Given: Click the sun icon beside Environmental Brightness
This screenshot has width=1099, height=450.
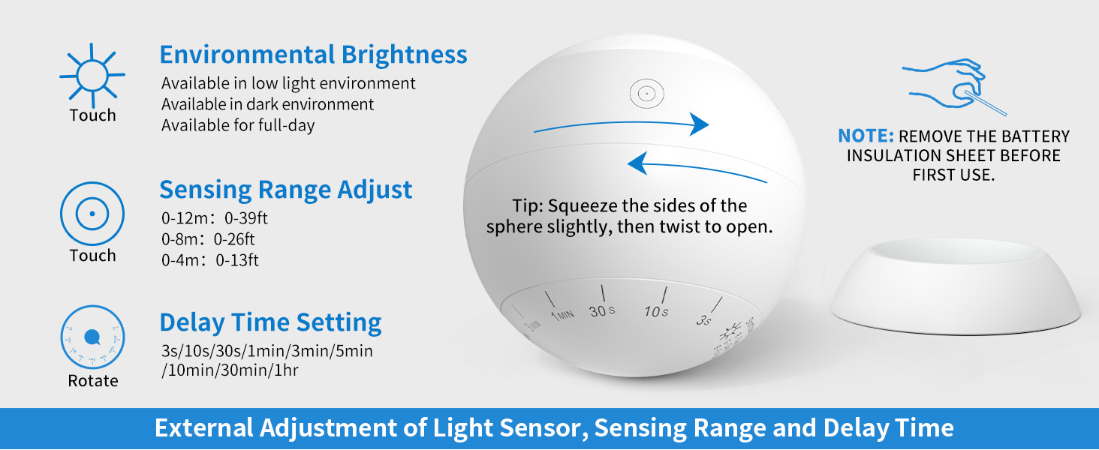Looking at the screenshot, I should pos(92,75).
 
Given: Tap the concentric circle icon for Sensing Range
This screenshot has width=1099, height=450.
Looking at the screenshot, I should pos(92,214).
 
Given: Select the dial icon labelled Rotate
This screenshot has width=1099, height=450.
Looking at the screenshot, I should pos(92,337).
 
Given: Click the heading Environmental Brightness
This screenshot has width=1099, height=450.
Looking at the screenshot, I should pos(313,55).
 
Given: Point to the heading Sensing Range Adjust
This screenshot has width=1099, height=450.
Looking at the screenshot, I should pos(285,189).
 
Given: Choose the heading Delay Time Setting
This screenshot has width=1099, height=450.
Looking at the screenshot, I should pos(270,322).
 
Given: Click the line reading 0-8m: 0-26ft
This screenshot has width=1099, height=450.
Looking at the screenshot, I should pos(208,240).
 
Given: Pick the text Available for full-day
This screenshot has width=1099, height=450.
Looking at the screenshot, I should pos(238,125).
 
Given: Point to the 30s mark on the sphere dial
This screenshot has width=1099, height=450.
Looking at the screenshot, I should pos(602,310).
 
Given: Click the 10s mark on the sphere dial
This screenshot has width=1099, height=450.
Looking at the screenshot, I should pos(655,310).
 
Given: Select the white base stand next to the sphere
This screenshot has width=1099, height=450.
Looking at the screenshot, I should pos(955,289).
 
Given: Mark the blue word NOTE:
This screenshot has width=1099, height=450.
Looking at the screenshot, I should pos(866,136).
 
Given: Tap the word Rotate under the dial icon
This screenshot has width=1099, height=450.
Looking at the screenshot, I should pos(93,381).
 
